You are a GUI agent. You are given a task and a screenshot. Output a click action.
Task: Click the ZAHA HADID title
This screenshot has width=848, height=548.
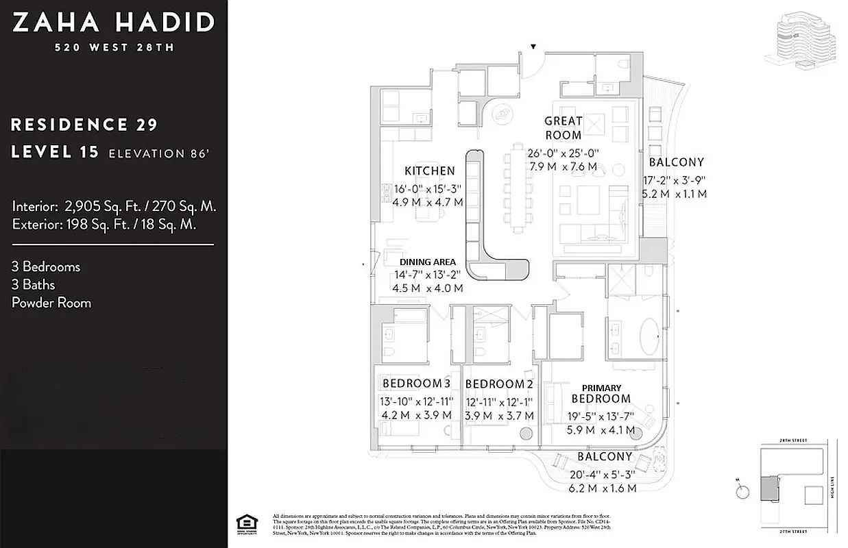(x=113, y=23)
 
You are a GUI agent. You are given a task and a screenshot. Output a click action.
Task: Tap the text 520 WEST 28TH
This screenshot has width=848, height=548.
(x=114, y=48)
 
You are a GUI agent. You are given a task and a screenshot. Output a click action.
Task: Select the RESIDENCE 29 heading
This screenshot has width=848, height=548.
(x=84, y=125)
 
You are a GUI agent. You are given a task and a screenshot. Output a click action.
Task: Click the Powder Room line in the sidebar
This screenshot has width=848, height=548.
(x=51, y=303)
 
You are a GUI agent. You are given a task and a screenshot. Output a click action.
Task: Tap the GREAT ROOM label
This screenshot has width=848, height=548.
(x=564, y=128)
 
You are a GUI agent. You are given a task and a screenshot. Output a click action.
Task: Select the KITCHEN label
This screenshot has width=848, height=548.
(x=430, y=171)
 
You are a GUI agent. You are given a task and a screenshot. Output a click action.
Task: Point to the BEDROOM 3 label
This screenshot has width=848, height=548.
(x=416, y=383)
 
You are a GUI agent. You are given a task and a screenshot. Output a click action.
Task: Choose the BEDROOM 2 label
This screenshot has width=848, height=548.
(x=498, y=384)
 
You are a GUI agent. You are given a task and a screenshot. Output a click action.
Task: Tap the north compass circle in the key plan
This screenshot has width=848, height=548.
(x=740, y=491)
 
